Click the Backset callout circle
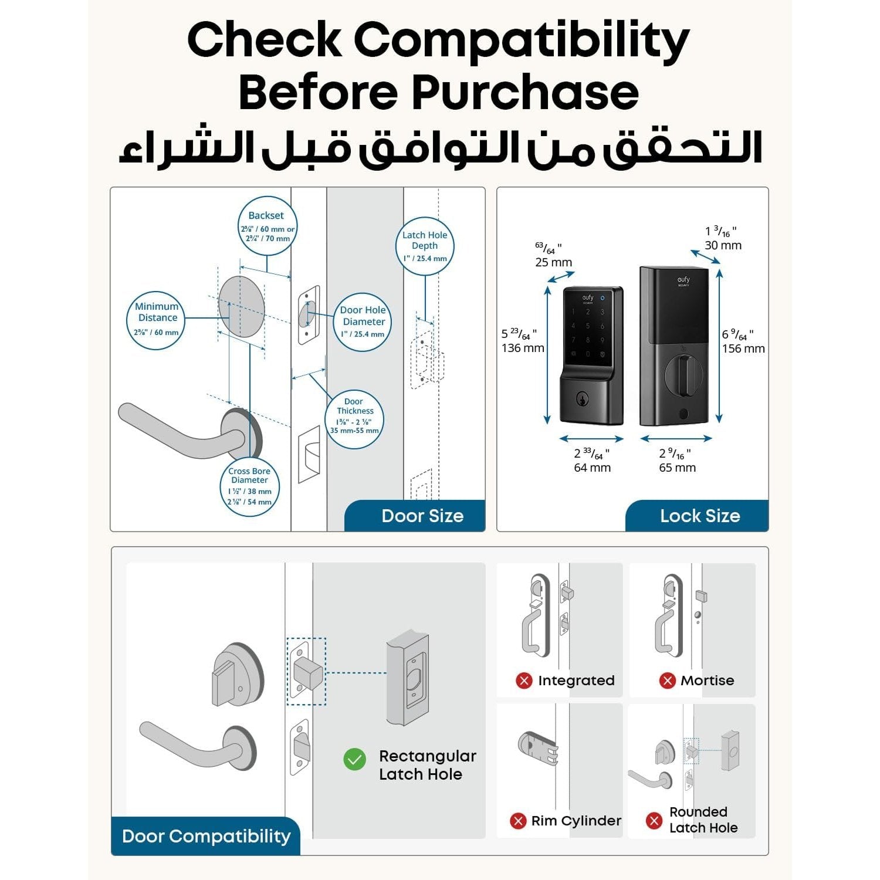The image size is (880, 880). point(267,226)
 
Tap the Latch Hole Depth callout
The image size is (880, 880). point(425,246)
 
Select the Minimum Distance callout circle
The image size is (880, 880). point(156,320)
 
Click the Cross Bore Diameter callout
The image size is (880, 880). point(249,487)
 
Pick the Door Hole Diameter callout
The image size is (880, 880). point(363,321)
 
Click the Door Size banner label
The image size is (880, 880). point(422,516)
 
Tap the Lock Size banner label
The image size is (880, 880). point(700,516)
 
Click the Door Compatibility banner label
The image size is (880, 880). point(206,836)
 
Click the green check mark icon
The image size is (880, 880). point(354,760)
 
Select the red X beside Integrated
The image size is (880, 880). point(524,681)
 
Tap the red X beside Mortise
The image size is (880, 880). point(667,681)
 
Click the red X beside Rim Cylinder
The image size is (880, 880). point(517,821)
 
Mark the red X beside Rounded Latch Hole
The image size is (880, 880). point(654,820)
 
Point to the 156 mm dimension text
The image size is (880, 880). point(743,348)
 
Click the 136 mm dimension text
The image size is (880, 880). point(523,348)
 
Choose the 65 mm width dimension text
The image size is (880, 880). point(677,468)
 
